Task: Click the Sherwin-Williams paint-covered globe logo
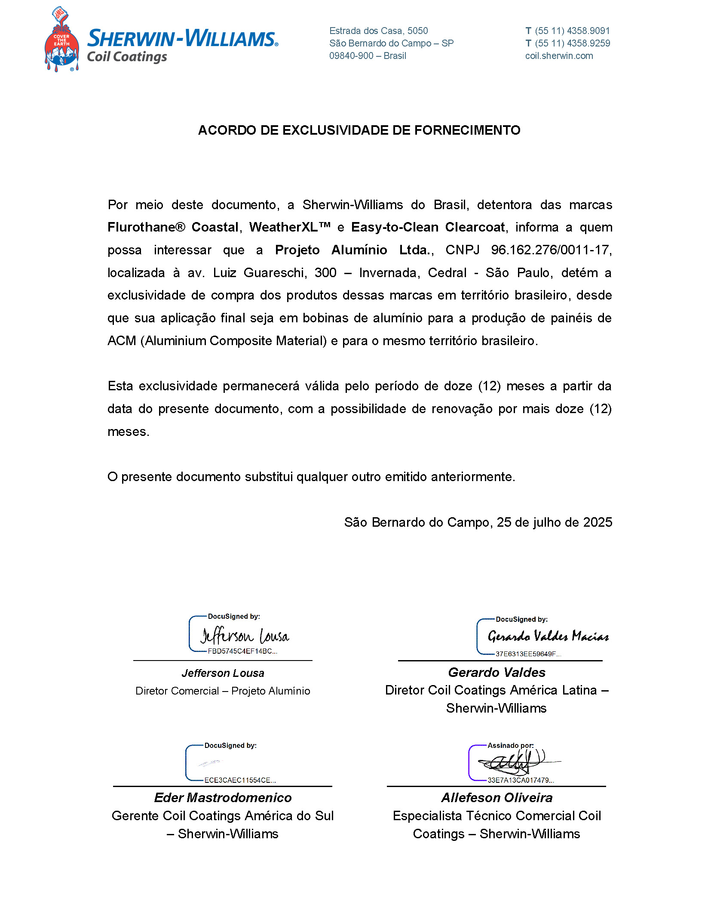coord(61,40)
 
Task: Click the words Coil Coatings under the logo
coord(127,57)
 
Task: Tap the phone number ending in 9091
coord(572,31)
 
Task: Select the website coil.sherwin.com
coord(559,56)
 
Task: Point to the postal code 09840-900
coord(351,56)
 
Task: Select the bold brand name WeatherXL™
coord(290,227)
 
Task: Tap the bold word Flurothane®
coord(146,227)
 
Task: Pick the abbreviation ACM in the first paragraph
coord(122,341)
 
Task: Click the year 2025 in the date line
coord(598,522)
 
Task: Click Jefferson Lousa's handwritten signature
coord(245,636)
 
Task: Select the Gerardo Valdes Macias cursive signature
coord(548,636)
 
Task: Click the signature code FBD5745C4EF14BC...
coord(242,651)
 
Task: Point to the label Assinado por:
coord(510,745)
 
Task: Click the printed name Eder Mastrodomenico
coord(223,798)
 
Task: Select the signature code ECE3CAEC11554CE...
coord(240,780)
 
